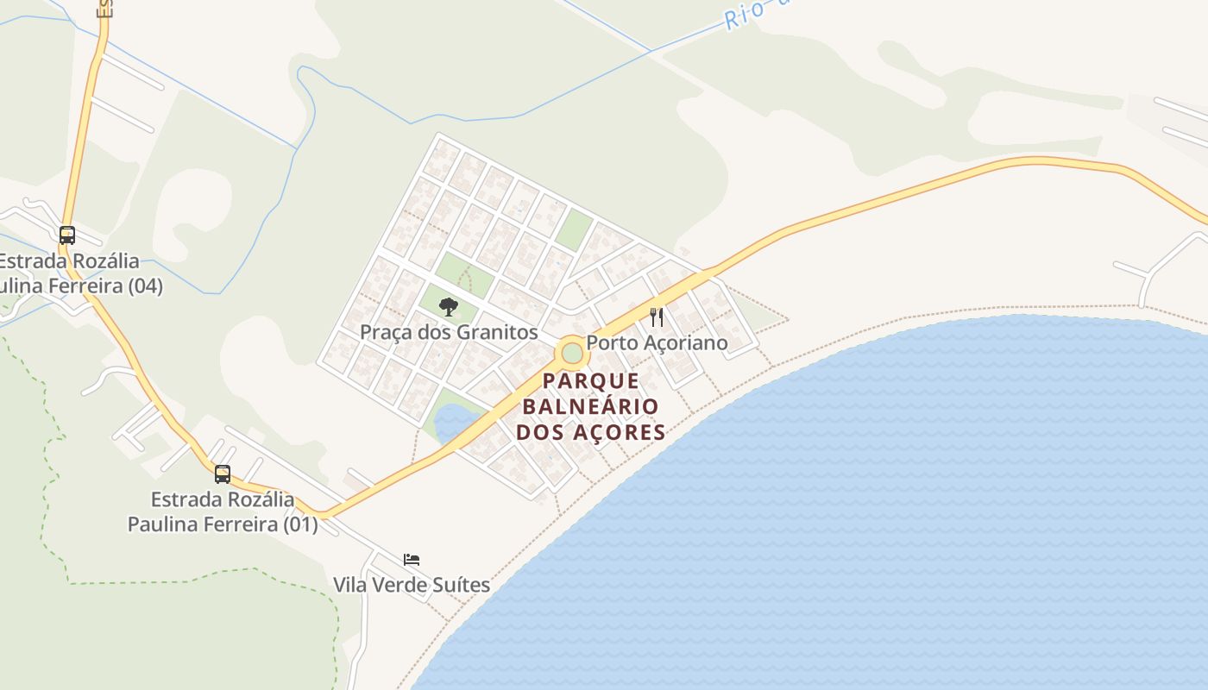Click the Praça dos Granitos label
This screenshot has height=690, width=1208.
pos(449,332)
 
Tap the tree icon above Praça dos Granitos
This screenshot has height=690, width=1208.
pos(448,306)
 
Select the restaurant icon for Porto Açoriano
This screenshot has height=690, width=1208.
pos(657,317)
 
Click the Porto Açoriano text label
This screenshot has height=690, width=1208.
pos(657,342)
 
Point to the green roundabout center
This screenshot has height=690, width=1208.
pos(571,352)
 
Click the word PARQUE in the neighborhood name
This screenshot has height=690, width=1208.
pos(592,381)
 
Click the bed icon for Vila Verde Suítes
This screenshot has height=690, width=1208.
pos(412,560)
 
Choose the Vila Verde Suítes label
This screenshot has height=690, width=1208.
pos(412,585)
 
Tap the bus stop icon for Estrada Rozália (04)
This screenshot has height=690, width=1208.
pos(66,235)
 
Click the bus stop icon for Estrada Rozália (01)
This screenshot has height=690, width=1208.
pos(223,474)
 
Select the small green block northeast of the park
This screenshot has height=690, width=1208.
pos(573,230)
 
